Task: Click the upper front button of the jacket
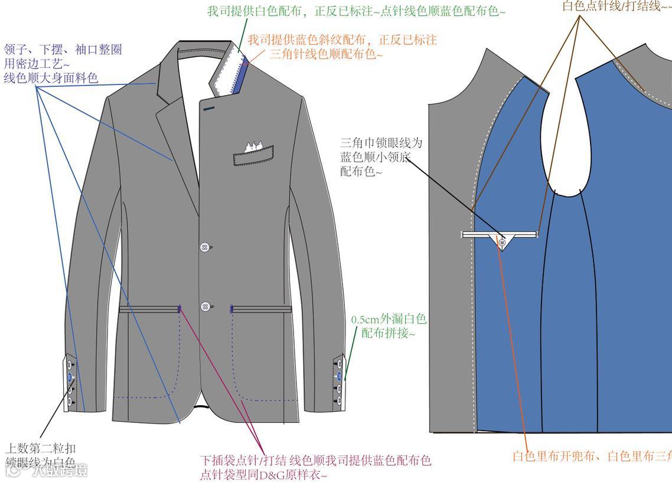[205, 246]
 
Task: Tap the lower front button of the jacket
[205, 307]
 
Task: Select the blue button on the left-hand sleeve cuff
[70, 376]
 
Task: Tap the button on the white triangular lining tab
[502, 242]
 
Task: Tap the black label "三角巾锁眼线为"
[381, 144]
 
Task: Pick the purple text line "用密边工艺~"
[37, 63]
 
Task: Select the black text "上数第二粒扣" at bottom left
[40, 448]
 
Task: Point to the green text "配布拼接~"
[389, 333]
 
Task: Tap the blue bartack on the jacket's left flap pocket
[179, 308]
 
